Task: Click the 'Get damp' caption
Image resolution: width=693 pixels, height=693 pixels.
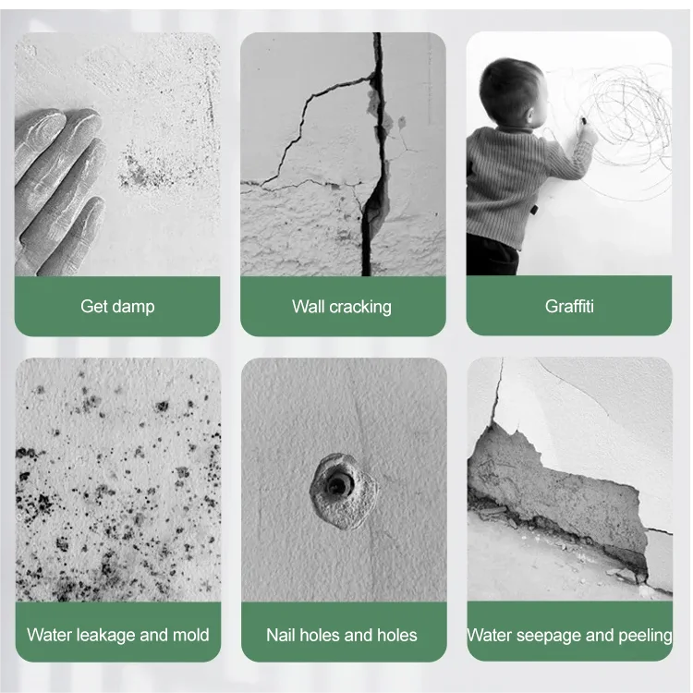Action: coord(117,306)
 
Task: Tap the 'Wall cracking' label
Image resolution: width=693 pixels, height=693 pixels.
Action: coord(342,306)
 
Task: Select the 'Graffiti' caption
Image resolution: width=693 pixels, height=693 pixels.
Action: coord(568,306)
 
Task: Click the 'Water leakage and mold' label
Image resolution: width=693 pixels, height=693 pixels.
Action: coord(117,635)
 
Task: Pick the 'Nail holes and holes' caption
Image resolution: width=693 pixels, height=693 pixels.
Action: coord(342,635)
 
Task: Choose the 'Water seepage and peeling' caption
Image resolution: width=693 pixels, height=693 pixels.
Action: coord(569,635)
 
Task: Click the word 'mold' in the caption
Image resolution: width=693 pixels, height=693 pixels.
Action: coord(189,635)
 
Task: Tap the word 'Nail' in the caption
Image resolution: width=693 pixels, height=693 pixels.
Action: coord(281,635)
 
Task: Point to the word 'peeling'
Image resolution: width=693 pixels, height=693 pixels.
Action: coord(643,635)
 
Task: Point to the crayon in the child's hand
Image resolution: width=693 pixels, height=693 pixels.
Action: coord(583,121)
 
